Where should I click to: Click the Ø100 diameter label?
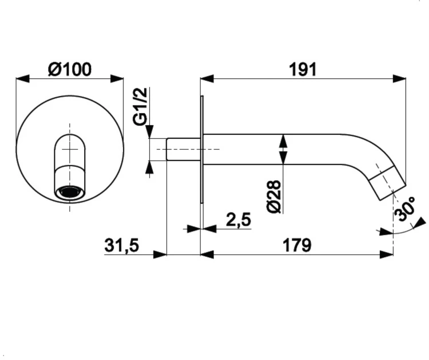click(70, 69)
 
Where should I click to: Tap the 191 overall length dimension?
click(303, 70)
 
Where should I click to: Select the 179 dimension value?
click(297, 245)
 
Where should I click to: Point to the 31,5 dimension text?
click(122, 245)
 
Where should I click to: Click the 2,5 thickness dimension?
click(239, 219)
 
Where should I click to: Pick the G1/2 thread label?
click(140, 106)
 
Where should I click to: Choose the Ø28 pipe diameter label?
click(274, 197)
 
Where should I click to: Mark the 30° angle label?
click(405, 209)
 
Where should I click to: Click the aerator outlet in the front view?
click(70, 192)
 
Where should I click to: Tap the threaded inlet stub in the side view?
click(184, 149)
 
